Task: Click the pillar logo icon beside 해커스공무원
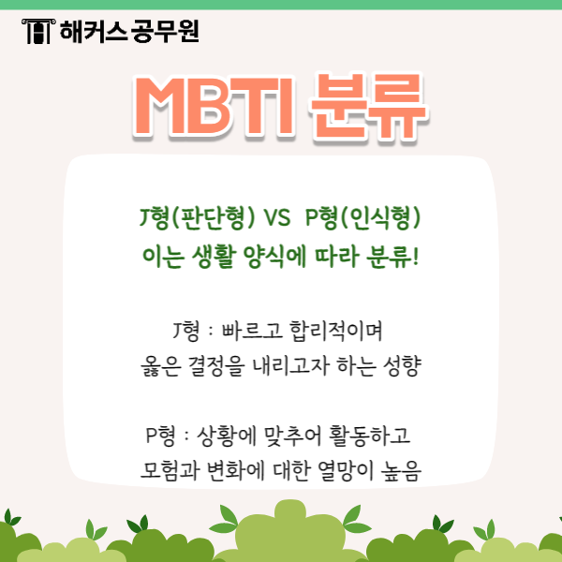[36, 33]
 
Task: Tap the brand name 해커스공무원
[128, 33]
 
